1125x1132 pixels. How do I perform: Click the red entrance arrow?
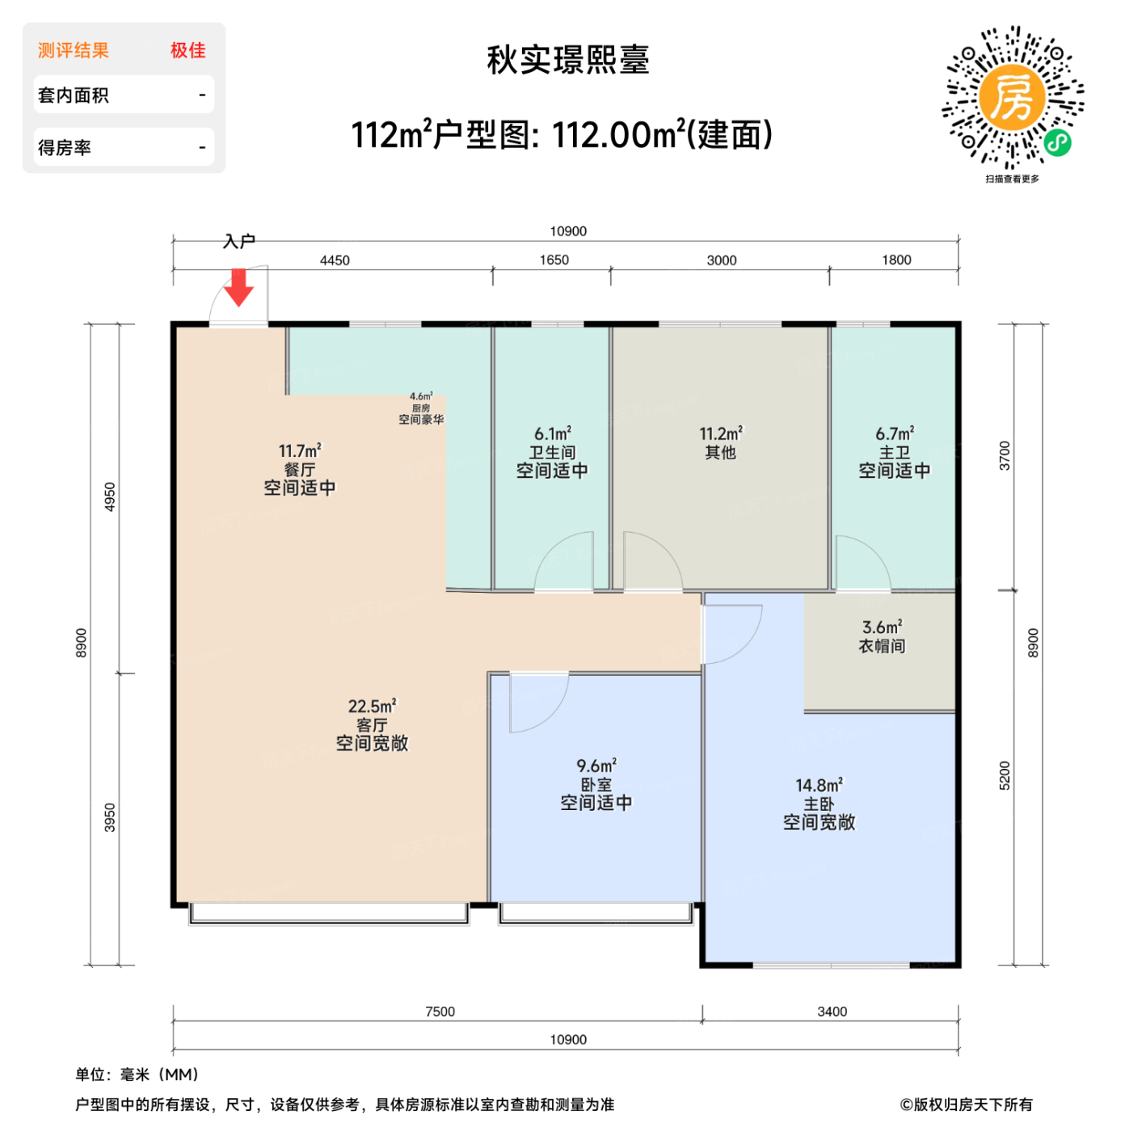coord(238,288)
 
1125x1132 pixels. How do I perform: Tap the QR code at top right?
coord(1012,98)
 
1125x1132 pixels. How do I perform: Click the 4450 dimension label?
coord(335,260)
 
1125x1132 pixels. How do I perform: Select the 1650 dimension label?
coord(554,260)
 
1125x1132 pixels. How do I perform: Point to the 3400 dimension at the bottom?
coord(832,1012)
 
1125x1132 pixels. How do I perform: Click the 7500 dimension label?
coord(440,1012)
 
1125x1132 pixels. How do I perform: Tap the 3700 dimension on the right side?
coord(1005,456)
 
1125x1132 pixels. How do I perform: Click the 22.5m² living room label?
coord(372,724)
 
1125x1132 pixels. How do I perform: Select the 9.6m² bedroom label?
coord(596,784)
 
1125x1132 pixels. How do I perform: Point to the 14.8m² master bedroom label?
coord(819,804)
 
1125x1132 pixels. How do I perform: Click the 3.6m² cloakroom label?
coord(882,636)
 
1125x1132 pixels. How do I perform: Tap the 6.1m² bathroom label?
coord(552,452)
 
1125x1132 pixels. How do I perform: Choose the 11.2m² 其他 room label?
coord(720,443)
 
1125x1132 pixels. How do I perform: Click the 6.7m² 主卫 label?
coord(895,452)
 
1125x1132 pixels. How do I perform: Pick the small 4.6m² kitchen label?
coord(421,408)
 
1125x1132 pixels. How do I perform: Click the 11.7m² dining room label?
coord(299,469)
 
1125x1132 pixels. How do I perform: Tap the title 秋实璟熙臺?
coord(567,60)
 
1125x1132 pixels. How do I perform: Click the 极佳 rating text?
coord(187,50)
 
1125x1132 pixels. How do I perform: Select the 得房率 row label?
coord(65,148)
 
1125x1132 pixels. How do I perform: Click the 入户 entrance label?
coord(239,241)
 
